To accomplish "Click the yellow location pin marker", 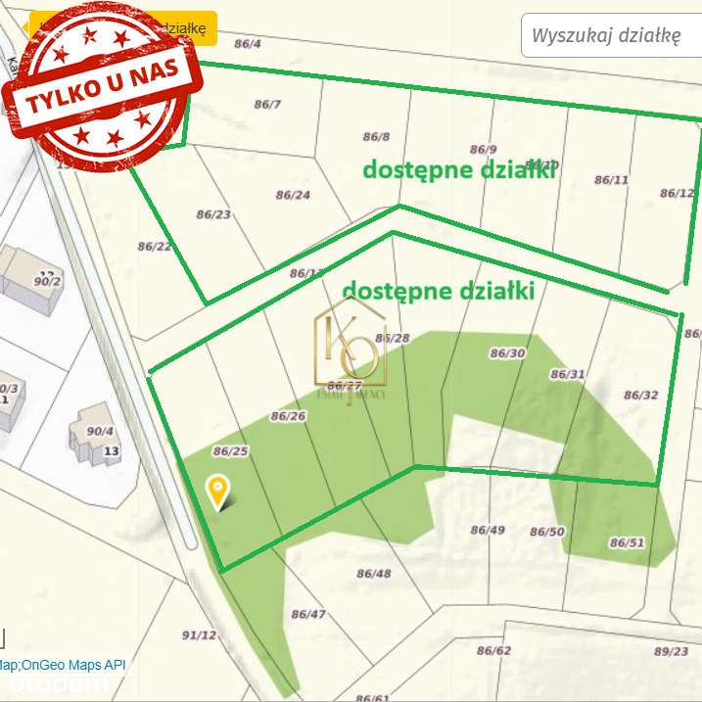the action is (x=217, y=489).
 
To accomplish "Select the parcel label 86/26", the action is (x=289, y=416).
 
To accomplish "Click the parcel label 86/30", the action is (x=507, y=353).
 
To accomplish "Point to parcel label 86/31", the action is (x=568, y=374).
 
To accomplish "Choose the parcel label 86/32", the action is (x=640, y=396).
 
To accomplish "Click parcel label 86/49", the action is (x=488, y=530).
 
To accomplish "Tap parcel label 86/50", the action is (x=547, y=532).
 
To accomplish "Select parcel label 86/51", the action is (x=628, y=542).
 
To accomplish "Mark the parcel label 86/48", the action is (x=373, y=574).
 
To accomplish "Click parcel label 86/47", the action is (x=308, y=615).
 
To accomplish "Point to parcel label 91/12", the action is (x=199, y=635).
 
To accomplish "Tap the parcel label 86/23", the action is (x=213, y=214).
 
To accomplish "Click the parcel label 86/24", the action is (x=293, y=195).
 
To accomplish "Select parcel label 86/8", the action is (x=376, y=137).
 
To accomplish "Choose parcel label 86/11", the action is (x=611, y=180).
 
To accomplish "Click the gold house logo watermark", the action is (x=350, y=353).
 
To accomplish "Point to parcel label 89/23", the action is (x=671, y=651).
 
